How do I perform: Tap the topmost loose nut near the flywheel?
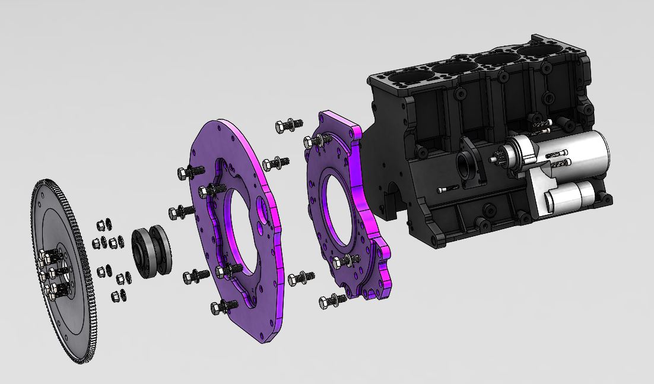pyautogui.click(x=101, y=225)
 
